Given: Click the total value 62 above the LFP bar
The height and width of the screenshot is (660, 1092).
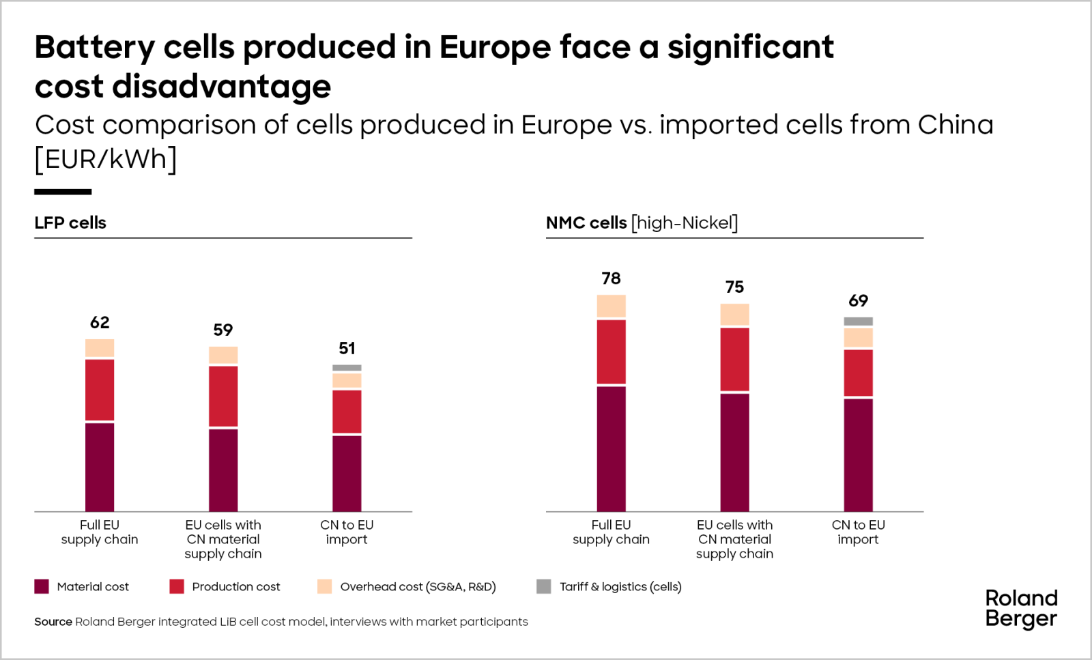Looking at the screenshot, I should pos(100,323).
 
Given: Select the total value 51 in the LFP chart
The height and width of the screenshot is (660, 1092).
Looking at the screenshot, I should pos(347,349).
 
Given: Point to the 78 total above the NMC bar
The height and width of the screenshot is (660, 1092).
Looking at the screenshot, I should pos(611,278).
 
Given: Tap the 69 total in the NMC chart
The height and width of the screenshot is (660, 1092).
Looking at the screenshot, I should pos(858,301).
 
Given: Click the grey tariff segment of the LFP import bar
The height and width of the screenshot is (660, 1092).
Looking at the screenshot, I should pos(347,368).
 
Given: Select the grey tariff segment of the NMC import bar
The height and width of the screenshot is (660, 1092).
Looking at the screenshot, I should pos(858,321).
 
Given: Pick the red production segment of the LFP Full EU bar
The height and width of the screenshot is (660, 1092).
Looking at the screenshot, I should pos(100,390).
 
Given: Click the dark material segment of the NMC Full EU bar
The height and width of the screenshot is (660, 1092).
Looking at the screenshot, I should pos(611,448).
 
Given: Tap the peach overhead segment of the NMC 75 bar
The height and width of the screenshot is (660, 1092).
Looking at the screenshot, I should pos(734,315).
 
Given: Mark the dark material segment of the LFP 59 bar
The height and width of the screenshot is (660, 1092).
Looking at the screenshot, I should pos(223,470).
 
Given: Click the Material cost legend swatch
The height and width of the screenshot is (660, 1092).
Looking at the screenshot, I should pos(42,586).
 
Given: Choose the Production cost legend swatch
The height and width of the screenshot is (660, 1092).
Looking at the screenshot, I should pos(177,586).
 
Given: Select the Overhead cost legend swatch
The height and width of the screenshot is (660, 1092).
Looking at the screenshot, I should pos(325,586).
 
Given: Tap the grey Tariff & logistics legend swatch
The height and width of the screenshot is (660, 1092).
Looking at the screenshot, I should pos(544,586).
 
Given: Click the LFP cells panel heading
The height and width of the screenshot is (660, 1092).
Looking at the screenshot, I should pos(70,223).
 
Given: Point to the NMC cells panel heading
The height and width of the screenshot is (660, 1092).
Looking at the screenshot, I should pos(642,223).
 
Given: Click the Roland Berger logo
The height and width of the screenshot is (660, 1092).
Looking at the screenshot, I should pos(1021,608).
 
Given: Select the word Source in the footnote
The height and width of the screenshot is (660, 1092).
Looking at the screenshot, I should pos(53,622).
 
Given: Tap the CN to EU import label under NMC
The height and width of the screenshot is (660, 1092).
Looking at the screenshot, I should pos(858,532).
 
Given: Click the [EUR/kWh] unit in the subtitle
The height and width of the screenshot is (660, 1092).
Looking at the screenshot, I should pos(106,159).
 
